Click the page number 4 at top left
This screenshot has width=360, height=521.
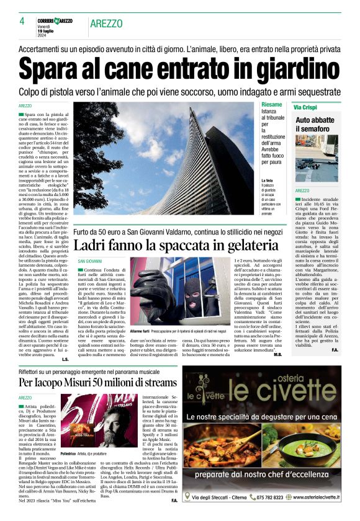pyautogui.click(x=22, y=21)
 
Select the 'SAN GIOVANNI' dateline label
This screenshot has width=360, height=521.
pyautogui.click(x=90, y=262)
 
